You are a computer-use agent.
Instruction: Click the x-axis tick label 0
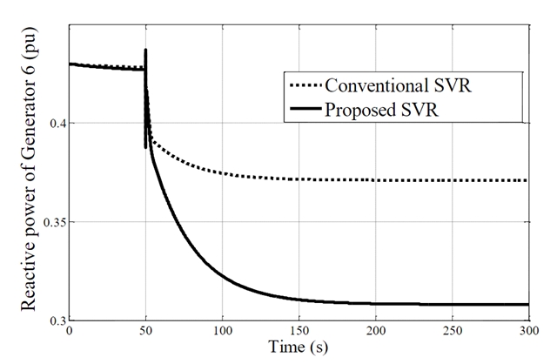click(70, 331)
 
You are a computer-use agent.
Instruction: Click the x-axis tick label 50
click(145, 331)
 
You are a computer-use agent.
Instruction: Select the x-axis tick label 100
click(222, 331)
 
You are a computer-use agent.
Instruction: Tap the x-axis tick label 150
click(299, 331)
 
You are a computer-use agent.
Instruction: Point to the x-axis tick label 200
click(375, 331)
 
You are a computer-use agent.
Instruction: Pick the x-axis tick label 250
click(452, 331)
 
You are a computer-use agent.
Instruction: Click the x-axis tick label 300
click(527, 331)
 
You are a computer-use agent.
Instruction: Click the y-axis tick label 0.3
click(54, 320)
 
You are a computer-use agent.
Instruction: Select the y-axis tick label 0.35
click(50, 222)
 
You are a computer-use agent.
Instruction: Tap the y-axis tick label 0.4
click(54, 123)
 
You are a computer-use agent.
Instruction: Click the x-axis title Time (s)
click(298, 348)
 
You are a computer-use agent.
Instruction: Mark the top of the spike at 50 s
click(145, 50)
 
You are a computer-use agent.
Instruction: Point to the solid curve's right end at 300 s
click(527, 304)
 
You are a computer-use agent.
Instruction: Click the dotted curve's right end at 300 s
click(527, 180)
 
